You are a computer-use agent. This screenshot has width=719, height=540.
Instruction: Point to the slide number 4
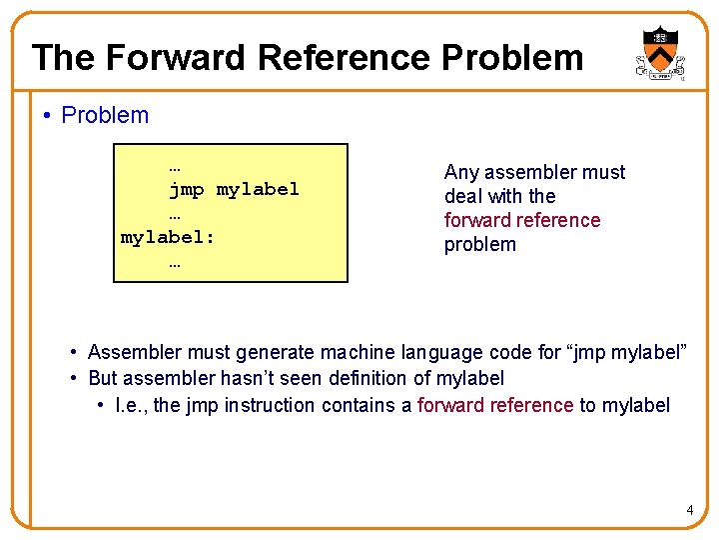689,512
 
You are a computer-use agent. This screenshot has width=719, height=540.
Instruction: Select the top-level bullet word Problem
105,116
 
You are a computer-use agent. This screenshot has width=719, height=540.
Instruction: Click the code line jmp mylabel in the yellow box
234,189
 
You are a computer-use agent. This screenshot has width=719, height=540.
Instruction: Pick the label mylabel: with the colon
168,238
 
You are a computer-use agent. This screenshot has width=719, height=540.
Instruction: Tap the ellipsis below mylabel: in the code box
175,263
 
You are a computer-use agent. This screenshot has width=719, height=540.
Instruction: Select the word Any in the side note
460,173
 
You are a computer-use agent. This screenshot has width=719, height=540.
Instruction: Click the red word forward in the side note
478,221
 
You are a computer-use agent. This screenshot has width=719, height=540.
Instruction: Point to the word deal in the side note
461,197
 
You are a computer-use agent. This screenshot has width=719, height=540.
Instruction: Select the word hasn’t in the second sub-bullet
250,379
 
